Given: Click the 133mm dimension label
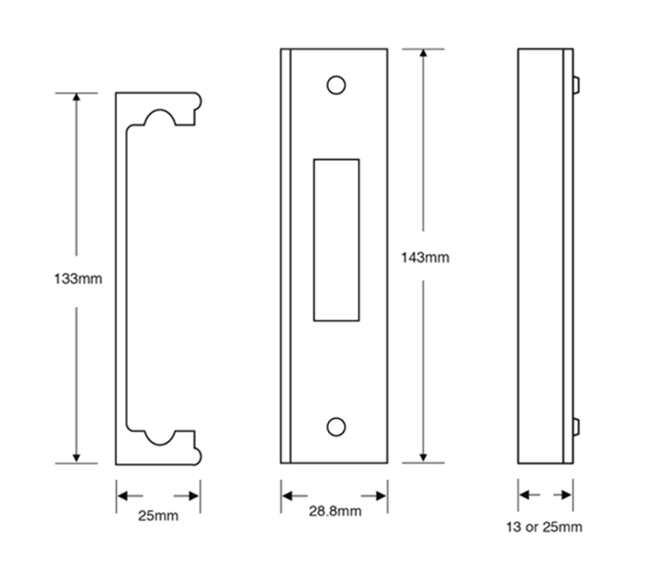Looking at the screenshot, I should click(x=78, y=279).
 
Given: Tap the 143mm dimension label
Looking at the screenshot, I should click(x=425, y=258).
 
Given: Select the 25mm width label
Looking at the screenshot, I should click(x=158, y=516).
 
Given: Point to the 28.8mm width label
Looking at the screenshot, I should click(x=335, y=511).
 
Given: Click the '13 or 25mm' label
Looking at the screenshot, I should click(x=544, y=527).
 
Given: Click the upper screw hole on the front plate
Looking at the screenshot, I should click(x=336, y=85).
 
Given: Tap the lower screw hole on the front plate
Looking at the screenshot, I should click(x=336, y=427).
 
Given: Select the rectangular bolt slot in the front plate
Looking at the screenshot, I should click(x=336, y=240).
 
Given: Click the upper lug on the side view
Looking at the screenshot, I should click(x=576, y=85).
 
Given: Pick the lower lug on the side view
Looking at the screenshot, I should click(x=576, y=427).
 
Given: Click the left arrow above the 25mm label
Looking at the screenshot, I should click(x=124, y=496).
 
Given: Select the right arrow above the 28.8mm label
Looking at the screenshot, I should click(x=380, y=496).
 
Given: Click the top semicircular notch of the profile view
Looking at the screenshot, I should click(x=160, y=118).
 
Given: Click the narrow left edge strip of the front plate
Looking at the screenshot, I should click(x=286, y=256).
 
